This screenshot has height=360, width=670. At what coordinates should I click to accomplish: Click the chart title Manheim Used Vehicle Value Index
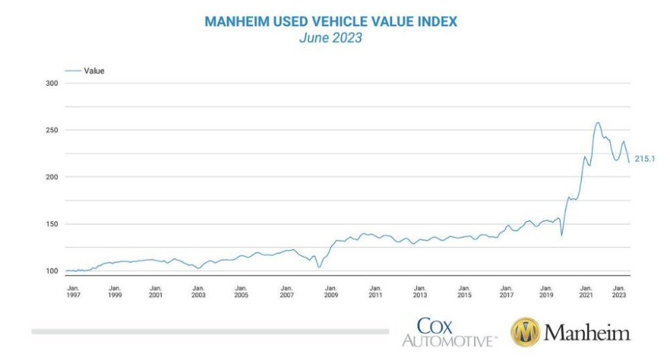[x=331, y=21]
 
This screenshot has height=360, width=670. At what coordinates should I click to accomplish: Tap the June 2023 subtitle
[x=331, y=38]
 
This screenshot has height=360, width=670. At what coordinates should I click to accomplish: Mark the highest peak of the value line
[x=598, y=123]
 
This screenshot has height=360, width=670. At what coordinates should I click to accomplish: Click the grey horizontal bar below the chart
[x=210, y=331]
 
